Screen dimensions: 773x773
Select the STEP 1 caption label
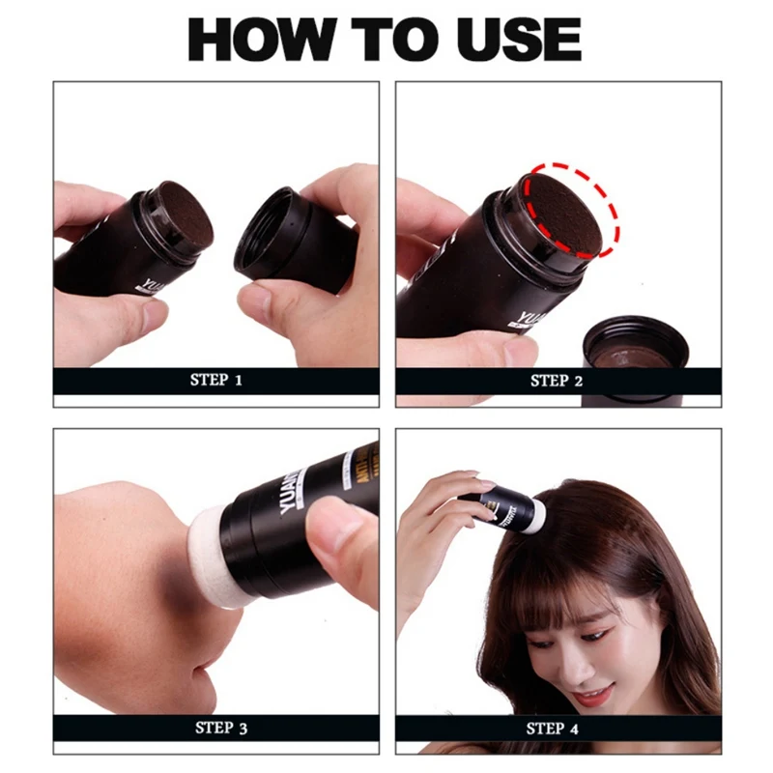tap(215, 381)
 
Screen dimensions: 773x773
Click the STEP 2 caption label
tap(557, 381)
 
